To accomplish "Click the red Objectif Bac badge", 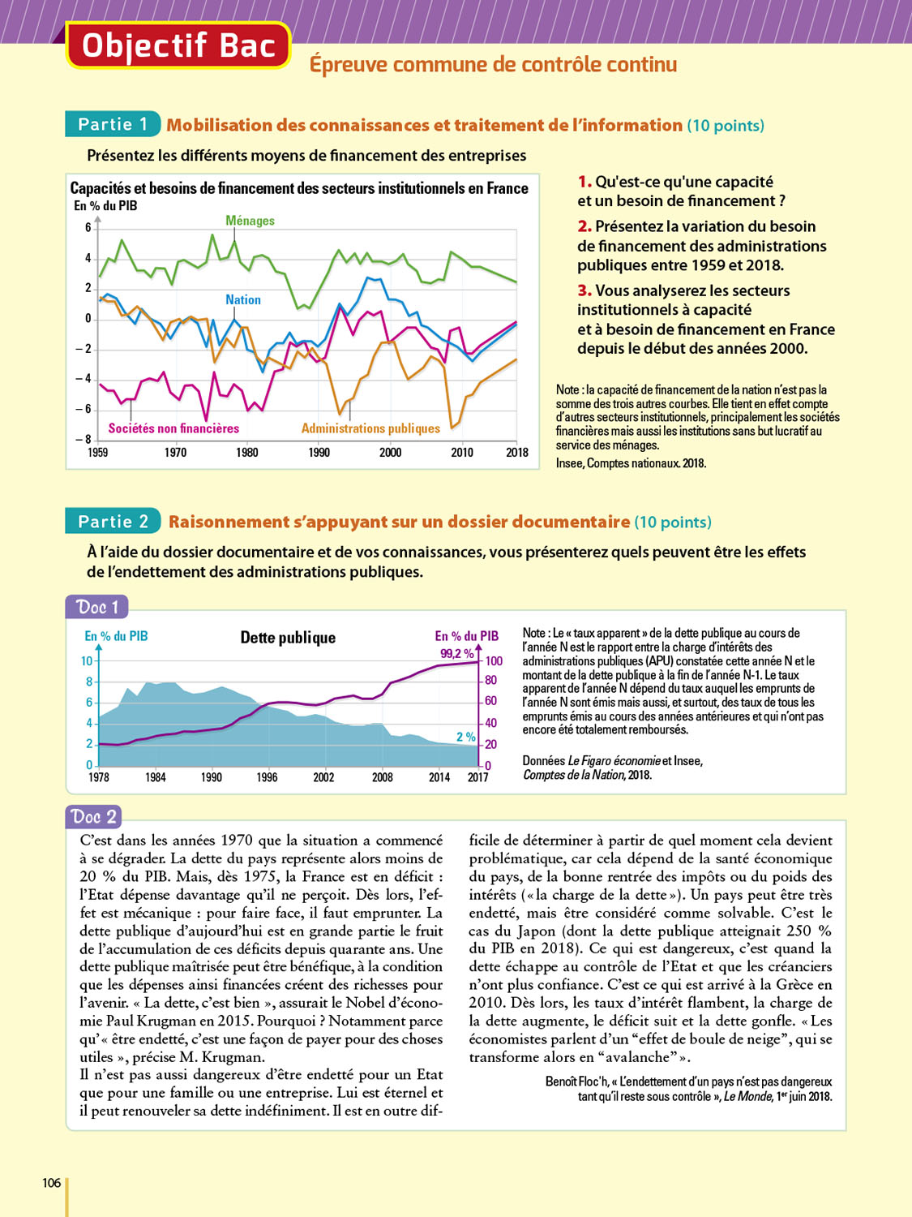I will click(178, 46).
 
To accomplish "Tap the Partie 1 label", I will click(113, 124).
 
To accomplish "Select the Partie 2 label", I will click(113, 522).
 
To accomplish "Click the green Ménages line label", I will click(250, 221).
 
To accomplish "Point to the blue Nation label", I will click(243, 300).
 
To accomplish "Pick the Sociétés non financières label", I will click(173, 428).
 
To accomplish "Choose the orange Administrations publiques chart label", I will click(370, 428).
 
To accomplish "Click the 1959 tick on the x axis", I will click(97, 453).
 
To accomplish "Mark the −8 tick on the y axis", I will click(83, 439).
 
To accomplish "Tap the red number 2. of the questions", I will click(584, 226).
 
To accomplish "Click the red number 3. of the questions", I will click(584, 290).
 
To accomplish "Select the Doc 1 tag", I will click(97, 607).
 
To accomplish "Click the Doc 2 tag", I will click(94, 816).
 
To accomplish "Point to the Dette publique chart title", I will click(288, 638).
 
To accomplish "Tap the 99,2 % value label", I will click(456, 654).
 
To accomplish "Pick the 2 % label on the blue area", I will click(465, 737).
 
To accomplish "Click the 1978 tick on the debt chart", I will click(99, 777).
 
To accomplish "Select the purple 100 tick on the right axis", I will click(494, 661).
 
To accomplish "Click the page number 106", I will click(52, 1183).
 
